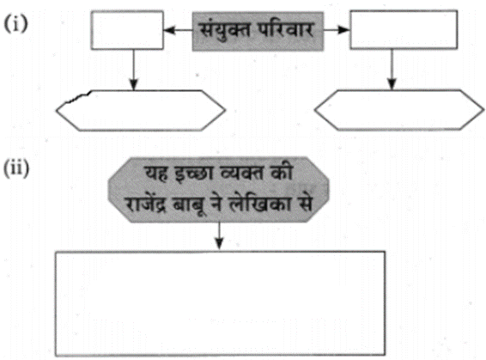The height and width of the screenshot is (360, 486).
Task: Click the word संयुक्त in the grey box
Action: [224, 30]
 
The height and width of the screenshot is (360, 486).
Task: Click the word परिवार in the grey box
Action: [286, 29]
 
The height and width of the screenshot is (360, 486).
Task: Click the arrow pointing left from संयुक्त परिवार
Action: [178, 30]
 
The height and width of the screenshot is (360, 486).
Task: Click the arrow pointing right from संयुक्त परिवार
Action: [337, 30]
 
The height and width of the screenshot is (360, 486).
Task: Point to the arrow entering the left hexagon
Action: [134, 70]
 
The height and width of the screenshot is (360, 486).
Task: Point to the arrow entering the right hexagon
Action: [392, 70]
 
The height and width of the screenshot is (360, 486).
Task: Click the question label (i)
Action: [15, 24]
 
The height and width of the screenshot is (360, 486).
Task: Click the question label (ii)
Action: [16, 168]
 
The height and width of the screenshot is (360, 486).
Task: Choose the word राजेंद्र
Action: [145, 204]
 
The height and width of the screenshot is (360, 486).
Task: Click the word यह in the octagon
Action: [157, 173]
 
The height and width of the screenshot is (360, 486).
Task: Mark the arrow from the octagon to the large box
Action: [219, 235]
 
